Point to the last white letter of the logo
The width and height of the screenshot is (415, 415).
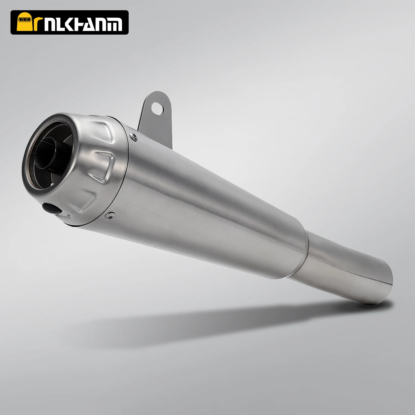point(115,24)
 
